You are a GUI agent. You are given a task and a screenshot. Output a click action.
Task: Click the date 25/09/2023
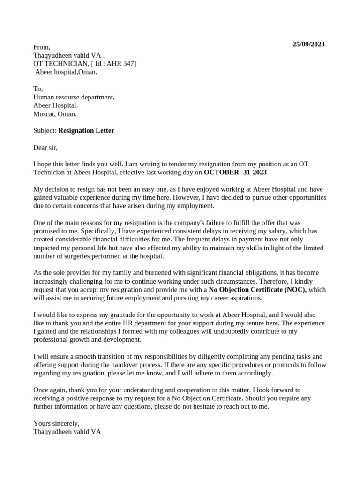click(308, 45)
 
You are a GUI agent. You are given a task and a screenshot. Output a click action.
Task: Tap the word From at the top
click(41, 47)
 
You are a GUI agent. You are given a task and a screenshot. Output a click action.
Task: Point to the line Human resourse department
click(74, 97)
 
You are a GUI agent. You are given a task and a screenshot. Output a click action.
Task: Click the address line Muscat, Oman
click(55, 114)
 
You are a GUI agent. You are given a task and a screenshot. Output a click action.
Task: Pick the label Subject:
click(45, 131)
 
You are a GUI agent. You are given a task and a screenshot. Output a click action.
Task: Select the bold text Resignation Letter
click(86, 131)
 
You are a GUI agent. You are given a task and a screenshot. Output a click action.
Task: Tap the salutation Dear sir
click(45, 148)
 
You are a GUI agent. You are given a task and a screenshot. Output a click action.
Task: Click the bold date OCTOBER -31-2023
click(235, 172)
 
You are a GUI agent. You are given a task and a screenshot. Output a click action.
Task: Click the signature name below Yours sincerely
click(67, 432)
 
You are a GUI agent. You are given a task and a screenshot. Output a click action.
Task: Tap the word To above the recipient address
click(38, 89)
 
